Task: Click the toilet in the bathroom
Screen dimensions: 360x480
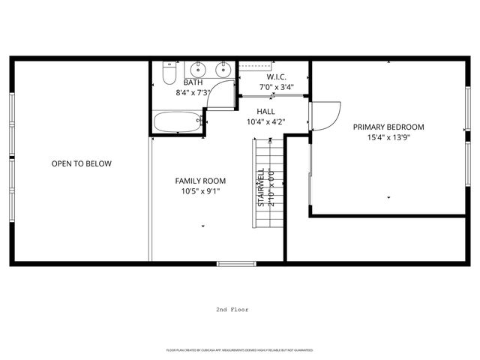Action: (x=169, y=76)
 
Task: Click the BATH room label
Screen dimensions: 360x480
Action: (x=193, y=82)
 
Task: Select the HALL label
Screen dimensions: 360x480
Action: (x=265, y=111)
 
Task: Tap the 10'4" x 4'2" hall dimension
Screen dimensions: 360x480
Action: (x=265, y=121)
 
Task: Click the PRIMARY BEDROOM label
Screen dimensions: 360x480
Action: (x=388, y=127)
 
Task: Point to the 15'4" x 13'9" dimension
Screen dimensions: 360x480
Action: (x=388, y=137)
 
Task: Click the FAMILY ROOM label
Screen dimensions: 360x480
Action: (x=200, y=181)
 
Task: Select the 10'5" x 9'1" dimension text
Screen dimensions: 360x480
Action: (x=200, y=191)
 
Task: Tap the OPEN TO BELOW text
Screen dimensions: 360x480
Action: (x=81, y=163)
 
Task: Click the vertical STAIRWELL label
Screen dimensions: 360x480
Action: (x=261, y=188)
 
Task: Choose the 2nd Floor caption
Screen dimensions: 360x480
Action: (x=232, y=309)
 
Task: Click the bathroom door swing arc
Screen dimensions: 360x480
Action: (x=220, y=96)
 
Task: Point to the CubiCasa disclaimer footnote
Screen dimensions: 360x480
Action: (x=240, y=350)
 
